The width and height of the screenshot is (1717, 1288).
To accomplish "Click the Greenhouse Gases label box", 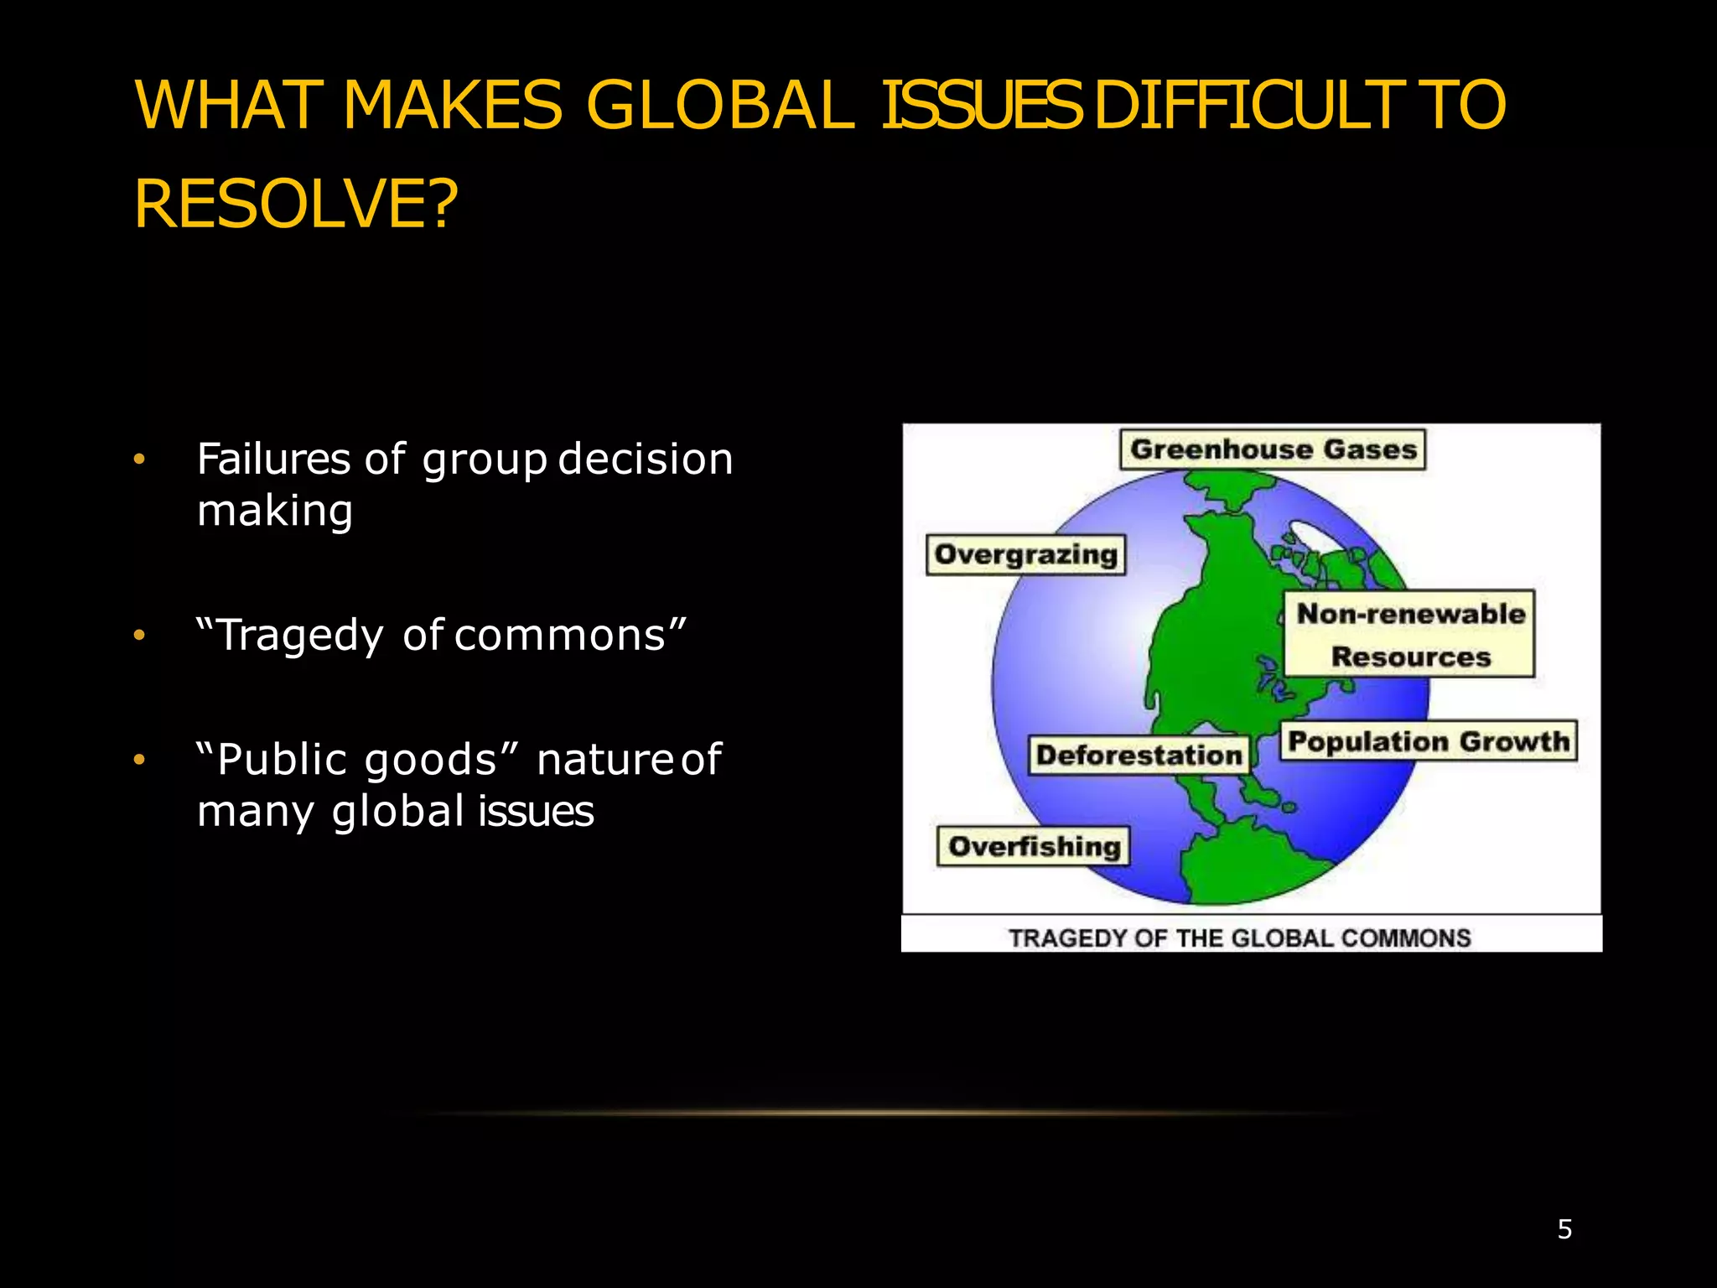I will click(1273, 449).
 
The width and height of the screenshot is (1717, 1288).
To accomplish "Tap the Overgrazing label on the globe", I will click(1025, 555).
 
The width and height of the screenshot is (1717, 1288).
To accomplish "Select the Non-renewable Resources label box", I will click(1410, 635).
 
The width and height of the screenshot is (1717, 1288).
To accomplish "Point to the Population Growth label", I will click(1428, 741).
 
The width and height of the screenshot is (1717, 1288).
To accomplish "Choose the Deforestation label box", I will click(1139, 755).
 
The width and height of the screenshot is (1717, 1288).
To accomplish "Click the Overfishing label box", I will click(1034, 846).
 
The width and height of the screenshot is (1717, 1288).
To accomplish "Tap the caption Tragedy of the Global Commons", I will click(1239, 937).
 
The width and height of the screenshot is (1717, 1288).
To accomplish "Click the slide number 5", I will click(1564, 1229).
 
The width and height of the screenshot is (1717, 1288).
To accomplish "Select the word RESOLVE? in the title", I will click(296, 204).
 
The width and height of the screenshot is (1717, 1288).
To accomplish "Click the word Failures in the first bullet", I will click(273, 459).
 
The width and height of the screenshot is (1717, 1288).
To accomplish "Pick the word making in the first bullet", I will click(275, 512).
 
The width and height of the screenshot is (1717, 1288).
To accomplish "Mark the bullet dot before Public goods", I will click(139, 760).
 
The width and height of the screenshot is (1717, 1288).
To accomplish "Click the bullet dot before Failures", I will click(139, 460).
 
